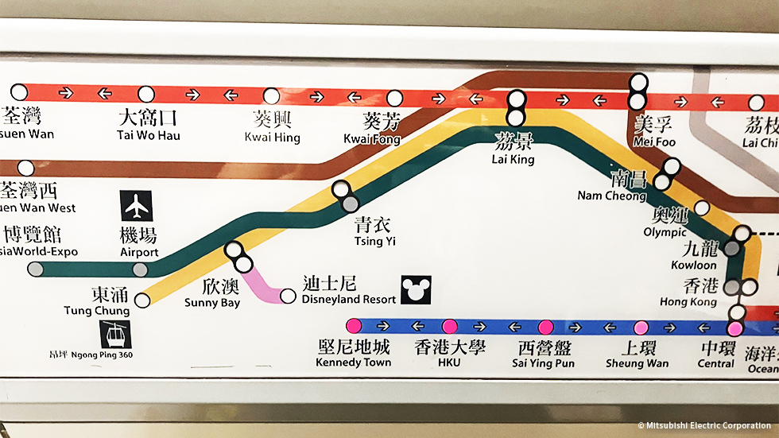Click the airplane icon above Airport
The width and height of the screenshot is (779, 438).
(137, 206)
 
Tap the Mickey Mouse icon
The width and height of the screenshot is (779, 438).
(414, 289)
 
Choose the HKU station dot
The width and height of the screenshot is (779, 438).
(449, 326)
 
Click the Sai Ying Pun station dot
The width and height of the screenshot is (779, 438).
(545, 327)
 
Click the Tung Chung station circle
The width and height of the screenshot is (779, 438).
(142, 300)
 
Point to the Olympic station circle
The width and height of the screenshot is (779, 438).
(702, 208)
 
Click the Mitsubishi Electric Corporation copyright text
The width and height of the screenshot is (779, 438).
(705, 426)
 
